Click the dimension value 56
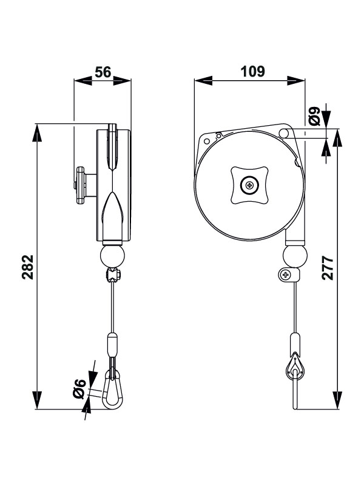pyautogui.click(x=103, y=72)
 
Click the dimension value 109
pyautogui.click(x=252, y=72)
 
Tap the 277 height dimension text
pyautogui.click(x=328, y=267)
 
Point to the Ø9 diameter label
pyautogui.click(x=314, y=116)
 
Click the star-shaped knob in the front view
pyautogui.click(x=249, y=184)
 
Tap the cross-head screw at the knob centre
pyautogui.click(x=249, y=185)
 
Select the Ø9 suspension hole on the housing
pyautogui.click(x=284, y=134)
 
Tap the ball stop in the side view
pyautogui.click(x=112, y=253)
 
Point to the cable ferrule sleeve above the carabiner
pyautogui.click(x=112, y=344)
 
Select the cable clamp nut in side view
pyautogui.click(x=113, y=275)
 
